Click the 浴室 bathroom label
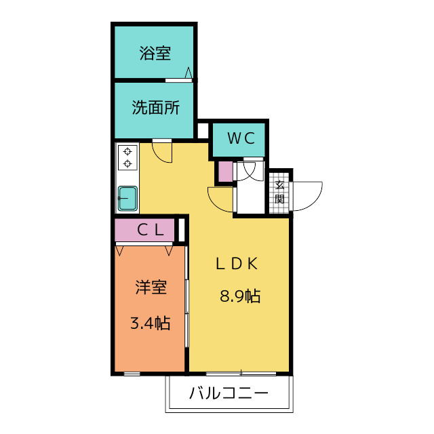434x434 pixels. point(155,53)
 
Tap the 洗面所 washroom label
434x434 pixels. point(156,107)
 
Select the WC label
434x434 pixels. point(241,138)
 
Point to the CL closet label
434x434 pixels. point(151,229)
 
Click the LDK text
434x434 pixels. point(237,263)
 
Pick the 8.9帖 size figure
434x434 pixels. point(240,296)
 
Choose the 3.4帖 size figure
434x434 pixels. point(150,323)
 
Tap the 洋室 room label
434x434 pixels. point(151,287)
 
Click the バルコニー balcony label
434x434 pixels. point(229,393)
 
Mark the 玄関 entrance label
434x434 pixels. point(279,192)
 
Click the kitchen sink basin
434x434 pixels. point(127,198)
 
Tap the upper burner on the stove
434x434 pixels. point(127,151)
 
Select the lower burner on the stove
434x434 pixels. point(127,164)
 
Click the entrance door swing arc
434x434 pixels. point(315,200)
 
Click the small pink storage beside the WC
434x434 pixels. point(225,172)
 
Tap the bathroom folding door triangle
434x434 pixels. point(189,73)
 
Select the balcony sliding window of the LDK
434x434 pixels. point(241,374)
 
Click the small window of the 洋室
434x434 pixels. point(132,374)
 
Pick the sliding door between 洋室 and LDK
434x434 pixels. point(187,296)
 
